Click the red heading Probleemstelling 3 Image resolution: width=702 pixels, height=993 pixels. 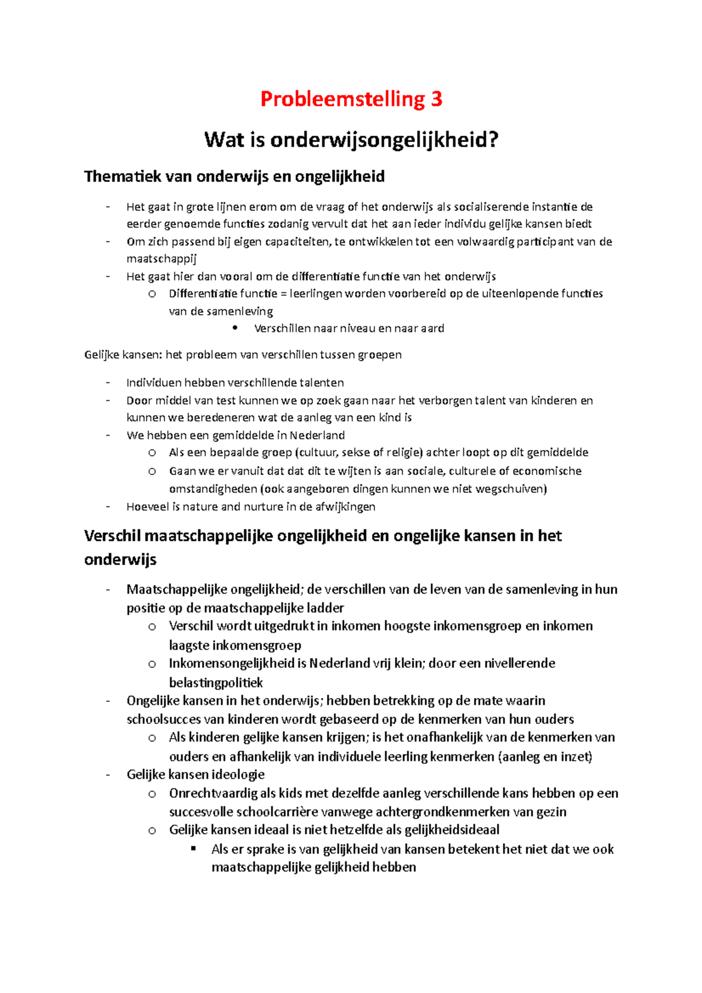(351, 99)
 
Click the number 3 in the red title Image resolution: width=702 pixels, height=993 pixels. (436, 99)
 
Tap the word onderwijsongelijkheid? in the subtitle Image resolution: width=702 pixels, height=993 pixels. (384, 140)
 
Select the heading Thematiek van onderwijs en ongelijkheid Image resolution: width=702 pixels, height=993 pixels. (234, 177)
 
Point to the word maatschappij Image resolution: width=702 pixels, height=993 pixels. (161, 259)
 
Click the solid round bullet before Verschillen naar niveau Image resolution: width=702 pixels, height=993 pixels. (235, 328)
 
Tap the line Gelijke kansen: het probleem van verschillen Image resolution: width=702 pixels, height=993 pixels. (243, 354)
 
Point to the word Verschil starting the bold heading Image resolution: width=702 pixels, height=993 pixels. (112, 536)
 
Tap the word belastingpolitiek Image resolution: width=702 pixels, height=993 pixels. (216, 682)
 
